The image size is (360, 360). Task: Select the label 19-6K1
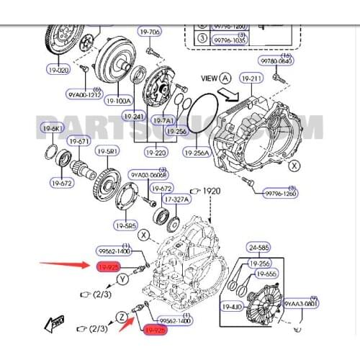[53, 128]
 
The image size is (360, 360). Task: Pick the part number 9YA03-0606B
[148, 175]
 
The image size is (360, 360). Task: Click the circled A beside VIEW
[225, 77]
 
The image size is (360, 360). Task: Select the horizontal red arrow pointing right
[66, 265]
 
